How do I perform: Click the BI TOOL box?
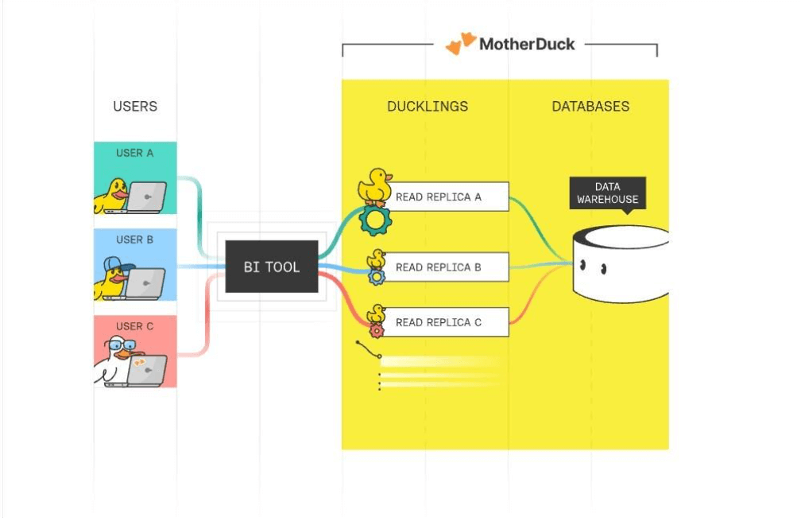click(x=272, y=267)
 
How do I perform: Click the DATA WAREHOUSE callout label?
click(x=607, y=193)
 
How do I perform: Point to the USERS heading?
click(x=135, y=106)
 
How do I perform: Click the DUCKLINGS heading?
click(x=428, y=106)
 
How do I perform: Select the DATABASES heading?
click(x=590, y=106)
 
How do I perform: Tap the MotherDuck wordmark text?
click(x=527, y=45)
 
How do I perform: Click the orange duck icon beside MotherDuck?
click(x=461, y=44)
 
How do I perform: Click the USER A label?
click(x=135, y=153)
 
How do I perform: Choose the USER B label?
click(x=135, y=240)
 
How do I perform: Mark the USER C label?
click(x=135, y=326)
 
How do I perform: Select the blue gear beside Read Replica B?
click(x=377, y=276)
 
